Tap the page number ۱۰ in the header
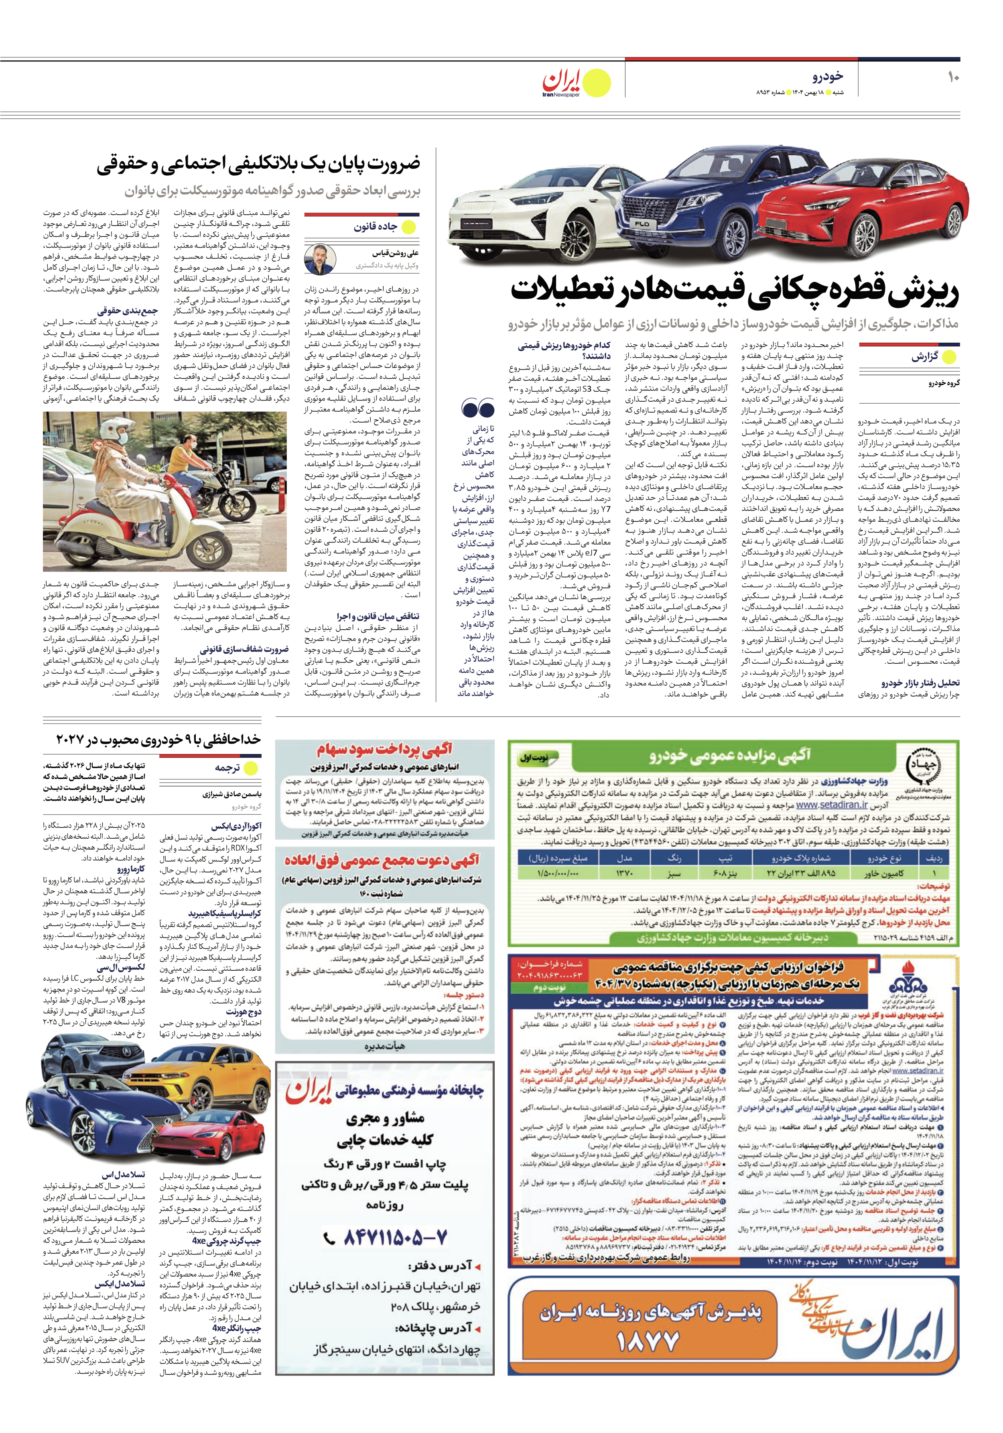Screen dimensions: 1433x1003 click(953, 77)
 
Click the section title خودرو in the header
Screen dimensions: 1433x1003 click(828, 76)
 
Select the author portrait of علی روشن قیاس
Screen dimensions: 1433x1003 click(320, 260)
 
